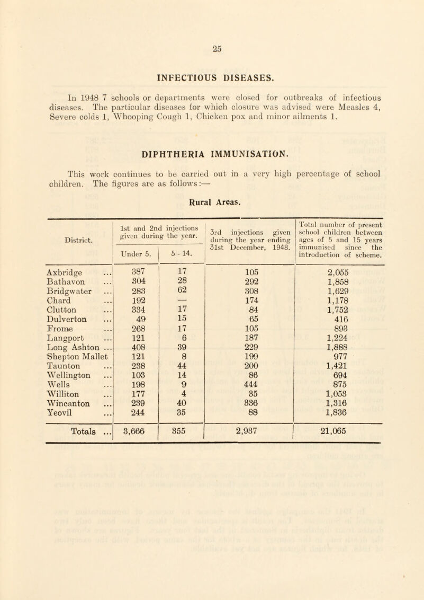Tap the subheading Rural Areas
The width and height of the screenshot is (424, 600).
[213, 186]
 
